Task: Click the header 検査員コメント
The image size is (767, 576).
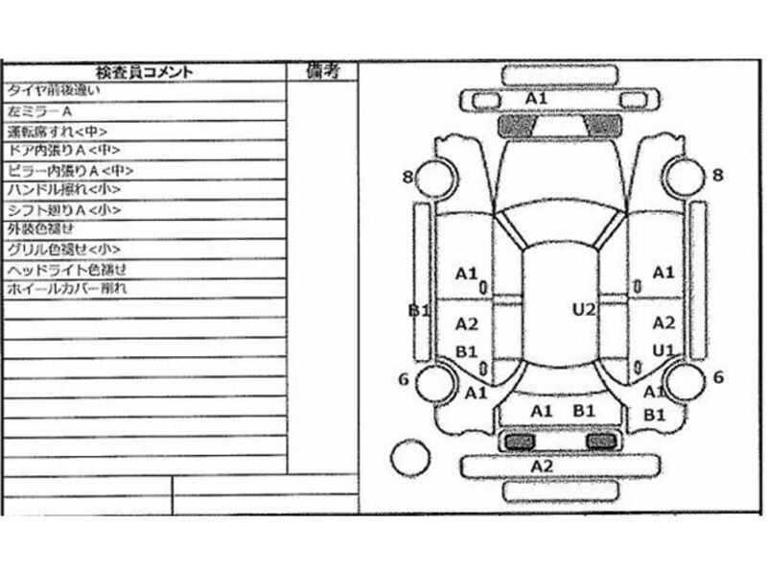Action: click(x=144, y=71)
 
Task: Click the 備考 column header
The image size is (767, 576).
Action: click(x=323, y=70)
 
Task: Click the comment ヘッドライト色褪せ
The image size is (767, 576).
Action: click(x=66, y=269)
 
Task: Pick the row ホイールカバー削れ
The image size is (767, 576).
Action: click(x=66, y=289)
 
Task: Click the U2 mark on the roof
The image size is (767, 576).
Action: click(x=585, y=309)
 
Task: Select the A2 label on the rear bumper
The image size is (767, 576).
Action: click(x=543, y=466)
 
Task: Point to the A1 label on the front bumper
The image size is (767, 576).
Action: click(x=537, y=99)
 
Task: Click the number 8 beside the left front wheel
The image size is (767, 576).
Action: click(x=408, y=176)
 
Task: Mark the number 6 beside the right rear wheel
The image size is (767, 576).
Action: click(x=718, y=378)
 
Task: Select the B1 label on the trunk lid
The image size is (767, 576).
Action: click(x=585, y=411)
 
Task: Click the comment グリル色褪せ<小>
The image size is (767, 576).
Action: click(x=58, y=250)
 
